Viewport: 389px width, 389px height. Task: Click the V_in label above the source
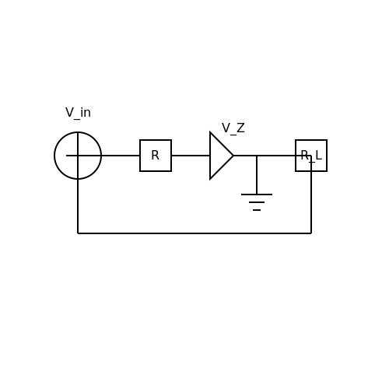click(x=78, y=113)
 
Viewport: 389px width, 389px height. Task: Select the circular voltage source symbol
click(x=78, y=132)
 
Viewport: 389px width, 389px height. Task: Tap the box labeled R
click(x=156, y=140)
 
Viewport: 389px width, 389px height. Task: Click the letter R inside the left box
click(x=155, y=156)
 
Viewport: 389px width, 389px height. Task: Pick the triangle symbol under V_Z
click(x=210, y=156)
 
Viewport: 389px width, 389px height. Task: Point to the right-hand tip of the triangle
click(x=233, y=156)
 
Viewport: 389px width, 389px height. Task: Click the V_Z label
click(x=233, y=128)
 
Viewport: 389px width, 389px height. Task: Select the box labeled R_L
click(x=311, y=140)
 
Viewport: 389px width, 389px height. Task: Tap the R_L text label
click(x=311, y=156)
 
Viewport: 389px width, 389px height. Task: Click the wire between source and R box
click(x=121, y=156)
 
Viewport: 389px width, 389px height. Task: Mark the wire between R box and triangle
click(x=191, y=156)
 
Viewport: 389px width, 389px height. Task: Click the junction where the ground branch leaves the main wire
click(x=257, y=156)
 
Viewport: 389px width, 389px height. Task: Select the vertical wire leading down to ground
click(x=257, y=175)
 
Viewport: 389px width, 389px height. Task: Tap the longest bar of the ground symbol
click(x=257, y=194)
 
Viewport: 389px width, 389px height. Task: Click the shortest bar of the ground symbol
click(x=257, y=210)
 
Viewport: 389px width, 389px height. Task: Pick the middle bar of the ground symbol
click(x=257, y=202)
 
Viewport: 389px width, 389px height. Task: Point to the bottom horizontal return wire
click(x=194, y=233)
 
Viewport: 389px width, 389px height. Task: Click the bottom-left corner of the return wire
click(x=78, y=233)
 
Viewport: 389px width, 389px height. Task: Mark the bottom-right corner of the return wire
click(x=311, y=233)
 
